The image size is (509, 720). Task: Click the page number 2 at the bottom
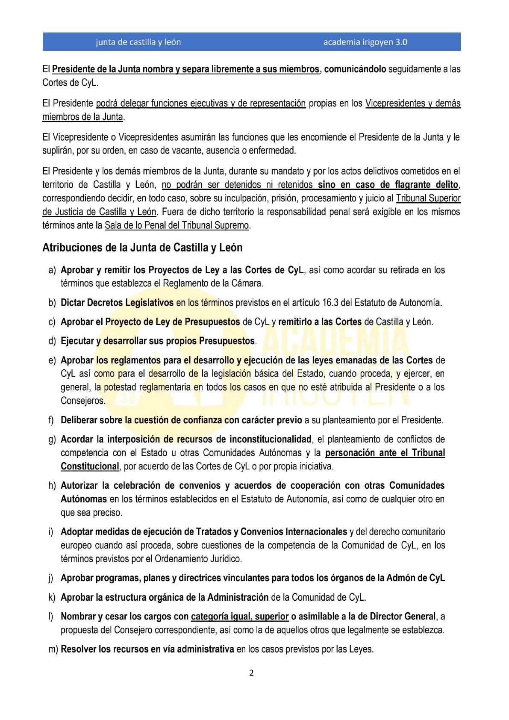click(251, 673)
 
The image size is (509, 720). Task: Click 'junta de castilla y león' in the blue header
click(138, 42)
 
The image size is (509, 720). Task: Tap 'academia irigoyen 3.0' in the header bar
click(365, 42)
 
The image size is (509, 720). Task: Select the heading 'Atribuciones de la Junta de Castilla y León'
click(142, 248)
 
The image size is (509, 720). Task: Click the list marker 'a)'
click(52, 270)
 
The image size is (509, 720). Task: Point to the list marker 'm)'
click(53, 649)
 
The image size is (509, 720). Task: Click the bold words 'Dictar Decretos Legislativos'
click(117, 303)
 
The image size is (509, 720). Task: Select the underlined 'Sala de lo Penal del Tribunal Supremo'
click(177, 225)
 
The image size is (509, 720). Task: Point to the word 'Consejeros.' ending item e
click(82, 401)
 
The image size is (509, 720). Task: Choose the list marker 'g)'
click(52, 440)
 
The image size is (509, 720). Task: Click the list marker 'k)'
click(52, 597)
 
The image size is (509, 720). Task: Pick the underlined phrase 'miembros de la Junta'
click(82, 117)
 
